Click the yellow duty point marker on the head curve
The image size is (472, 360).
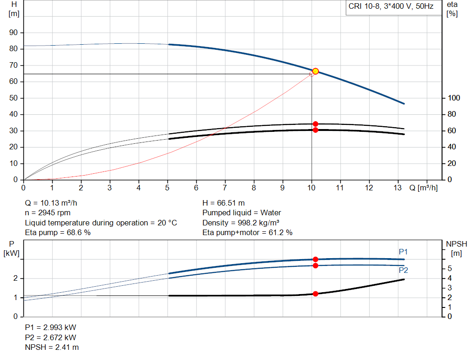pyautogui.click(x=315, y=71)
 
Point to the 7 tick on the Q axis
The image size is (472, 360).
pyautogui.click(x=225, y=188)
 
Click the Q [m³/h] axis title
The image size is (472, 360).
pyautogui.click(x=423, y=188)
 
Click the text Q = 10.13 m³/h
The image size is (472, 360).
pyautogui.click(x=54, y=203)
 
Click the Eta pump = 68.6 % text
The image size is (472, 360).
pyautogui.click(x=58, y=233)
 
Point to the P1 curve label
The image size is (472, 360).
pyautogui.click(x=403, y=252)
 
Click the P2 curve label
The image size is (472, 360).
pyautogui.click(x=403, y=271)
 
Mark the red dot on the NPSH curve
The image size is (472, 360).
pyautogui.click(x=315, y=294)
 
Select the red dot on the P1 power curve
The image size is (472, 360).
pyautogui.click(x=315, y=260)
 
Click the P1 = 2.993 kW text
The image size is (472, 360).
pyautogui.click(x=50, y=327)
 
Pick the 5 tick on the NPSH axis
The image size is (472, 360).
pyautogui.click(x=449, y=269)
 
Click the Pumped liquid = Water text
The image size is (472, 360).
pyautogui.click(x=242, y=213)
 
